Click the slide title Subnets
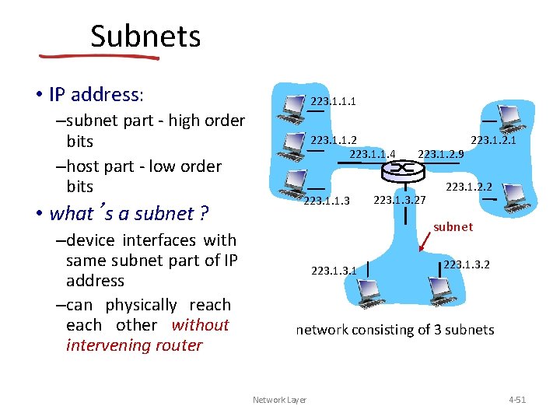pyautogui.click(x=145, y=37)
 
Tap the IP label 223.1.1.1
pyautogui.click(x=333, y=100)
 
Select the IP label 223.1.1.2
pyautogui.click(x=334, y=140)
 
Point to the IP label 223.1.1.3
pyautogui.click(x=327, y=201)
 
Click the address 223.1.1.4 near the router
pyautogui.click(x=373, y=154)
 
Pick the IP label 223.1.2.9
pyautogui.click(x=440, y=154)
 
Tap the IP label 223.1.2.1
pyautogui.click(x=494, y=140)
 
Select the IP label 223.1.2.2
pyautogui.click(x=468, y=187)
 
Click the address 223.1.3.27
pyautogui.click(x=400, y=201)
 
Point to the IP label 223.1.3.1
pyautogui.click(x=334, y=271)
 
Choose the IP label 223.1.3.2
pyautogui.click(x=467, y=264)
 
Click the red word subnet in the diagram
pyautogui.click(x=453, y=226)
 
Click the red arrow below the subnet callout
pyautogui.click(x=428, y=243)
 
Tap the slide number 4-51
pyautogui.click(x=516, y=400)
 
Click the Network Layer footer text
pyautogui.click(x=279, y=400)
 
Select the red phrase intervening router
pyautogui.click(x=134, y=345)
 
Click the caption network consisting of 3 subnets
pyautogui.click(x=394, y=330)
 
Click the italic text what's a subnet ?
pyautogui.click(x=128, y=213)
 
